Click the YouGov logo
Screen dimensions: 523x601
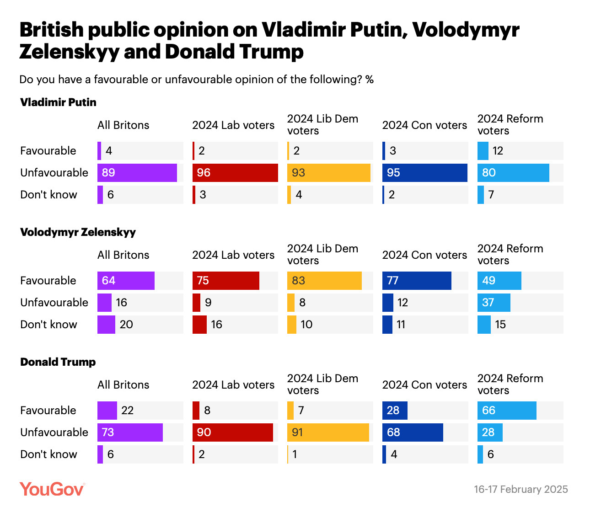(52, 489)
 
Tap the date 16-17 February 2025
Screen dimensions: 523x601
(521, 489)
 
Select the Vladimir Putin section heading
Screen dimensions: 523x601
(58, 102)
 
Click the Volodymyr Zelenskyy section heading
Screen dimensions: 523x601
(78, 232)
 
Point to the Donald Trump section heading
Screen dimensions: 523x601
(58, 362)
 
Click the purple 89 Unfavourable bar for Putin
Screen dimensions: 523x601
(137, 173)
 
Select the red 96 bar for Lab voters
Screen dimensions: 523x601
(235, 173)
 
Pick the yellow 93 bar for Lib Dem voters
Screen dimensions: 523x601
(329, 173)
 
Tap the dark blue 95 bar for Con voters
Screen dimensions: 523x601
(425, 173)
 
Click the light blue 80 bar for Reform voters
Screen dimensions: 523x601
(513, 173)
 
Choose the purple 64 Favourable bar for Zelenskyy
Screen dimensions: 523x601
(126, 281)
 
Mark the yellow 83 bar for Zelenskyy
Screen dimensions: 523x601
(324, 281)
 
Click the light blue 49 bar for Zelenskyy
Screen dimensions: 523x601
(499, 281)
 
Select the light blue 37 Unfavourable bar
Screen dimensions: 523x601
(494, 303)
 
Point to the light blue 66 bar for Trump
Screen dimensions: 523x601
(507, 411)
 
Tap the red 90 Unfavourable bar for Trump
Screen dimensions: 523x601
(233, 432)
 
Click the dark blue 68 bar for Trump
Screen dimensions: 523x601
(413, 432)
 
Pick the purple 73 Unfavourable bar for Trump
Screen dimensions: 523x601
(130, 432)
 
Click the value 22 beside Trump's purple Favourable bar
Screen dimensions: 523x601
(127, 411)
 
